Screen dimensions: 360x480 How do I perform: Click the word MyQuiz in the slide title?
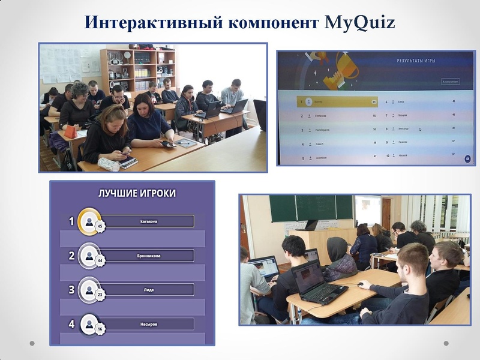[359, 22]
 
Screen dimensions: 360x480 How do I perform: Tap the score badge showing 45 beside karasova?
[100, 227]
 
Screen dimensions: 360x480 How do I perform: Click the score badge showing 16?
[100, 329]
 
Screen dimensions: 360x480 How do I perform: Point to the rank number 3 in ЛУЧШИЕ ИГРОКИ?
[71, 290]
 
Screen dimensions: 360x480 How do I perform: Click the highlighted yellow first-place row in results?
[336, 102]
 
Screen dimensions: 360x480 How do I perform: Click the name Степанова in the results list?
[321, 115]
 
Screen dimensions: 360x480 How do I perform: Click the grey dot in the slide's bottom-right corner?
[446, 344]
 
